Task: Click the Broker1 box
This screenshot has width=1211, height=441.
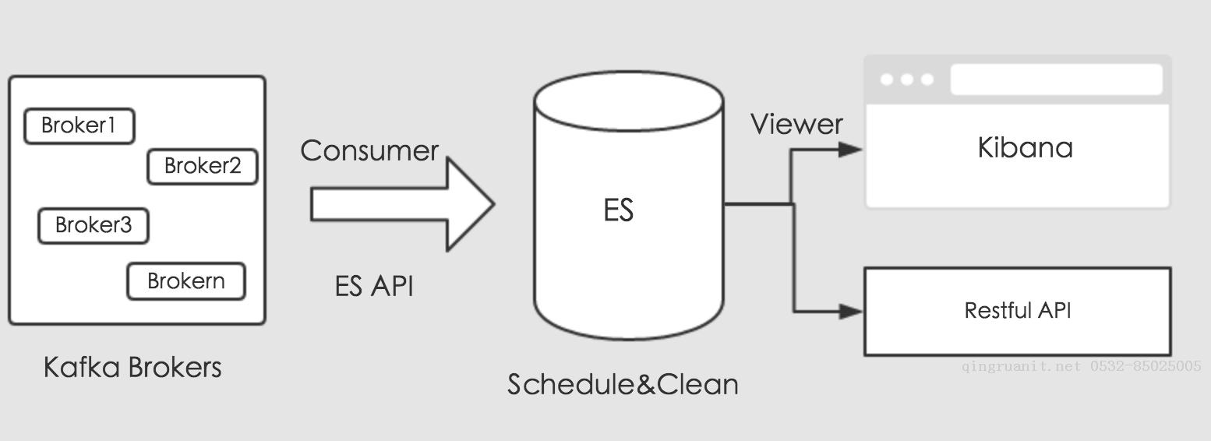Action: [79, 126]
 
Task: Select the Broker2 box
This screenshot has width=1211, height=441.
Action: [203, 166]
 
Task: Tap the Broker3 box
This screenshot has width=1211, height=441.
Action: [94, 226]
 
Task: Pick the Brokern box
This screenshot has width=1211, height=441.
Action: [186, 281]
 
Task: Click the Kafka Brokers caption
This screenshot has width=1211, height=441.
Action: [132, 367]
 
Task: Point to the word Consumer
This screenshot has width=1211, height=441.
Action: [369, 150]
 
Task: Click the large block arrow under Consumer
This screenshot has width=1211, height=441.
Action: [401, 204]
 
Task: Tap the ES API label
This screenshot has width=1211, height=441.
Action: [374, 286]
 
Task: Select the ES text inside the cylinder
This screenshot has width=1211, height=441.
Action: [619, 210]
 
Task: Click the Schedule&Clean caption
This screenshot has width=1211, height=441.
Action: [623, 384]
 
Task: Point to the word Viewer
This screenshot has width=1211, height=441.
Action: [796, 124]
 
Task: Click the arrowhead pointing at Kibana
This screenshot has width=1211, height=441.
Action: [850, 150]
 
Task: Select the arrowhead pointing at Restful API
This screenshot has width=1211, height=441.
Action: [850, 311]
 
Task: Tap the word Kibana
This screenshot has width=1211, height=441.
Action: [1025, 147]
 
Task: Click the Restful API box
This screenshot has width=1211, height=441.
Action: [1017, 311]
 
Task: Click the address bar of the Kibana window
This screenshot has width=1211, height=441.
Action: [1056, 79]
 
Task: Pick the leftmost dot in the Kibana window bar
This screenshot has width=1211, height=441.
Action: [888, 79]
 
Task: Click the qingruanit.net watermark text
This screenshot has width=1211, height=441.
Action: [1021, 365]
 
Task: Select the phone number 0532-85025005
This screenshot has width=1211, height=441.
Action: [1145, 365]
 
